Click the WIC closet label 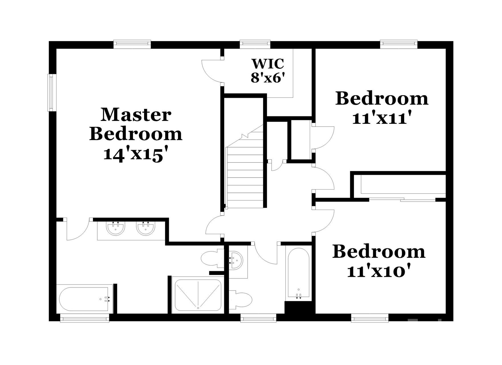coord(268,64)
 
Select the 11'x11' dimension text coord(382,118)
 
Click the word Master coord(136,115)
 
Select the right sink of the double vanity coord(145,228)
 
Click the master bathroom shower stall coord(198,295)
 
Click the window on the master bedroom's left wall coord(51,92)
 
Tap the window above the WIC coord(255,43)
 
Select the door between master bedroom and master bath coord(78,230)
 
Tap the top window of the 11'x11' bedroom coord(398,43)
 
